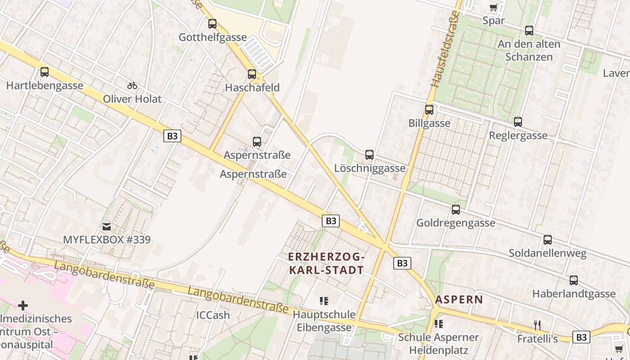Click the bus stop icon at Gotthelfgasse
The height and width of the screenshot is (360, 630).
point(212,24)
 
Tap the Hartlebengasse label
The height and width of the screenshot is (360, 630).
point(45,85)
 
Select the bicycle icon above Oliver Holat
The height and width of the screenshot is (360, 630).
point(132,85)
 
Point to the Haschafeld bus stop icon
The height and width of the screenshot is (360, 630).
point(252,74)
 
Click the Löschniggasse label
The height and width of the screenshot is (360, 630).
point(370,168)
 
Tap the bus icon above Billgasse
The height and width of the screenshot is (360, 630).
point(429,109)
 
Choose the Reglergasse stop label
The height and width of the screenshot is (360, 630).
point(518,135)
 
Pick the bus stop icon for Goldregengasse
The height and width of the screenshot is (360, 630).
point(456,210)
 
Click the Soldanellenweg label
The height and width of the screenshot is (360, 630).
point(548,253)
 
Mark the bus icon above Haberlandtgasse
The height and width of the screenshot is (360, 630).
point(574,280)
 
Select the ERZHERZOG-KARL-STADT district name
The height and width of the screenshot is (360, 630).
point(326,264)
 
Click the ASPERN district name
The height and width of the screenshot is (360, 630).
point(459,299)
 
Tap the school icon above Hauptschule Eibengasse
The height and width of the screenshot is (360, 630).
point(324,301)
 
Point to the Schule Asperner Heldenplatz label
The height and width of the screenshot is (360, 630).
point(439,344)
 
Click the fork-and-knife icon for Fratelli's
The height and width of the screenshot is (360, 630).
point(537,325)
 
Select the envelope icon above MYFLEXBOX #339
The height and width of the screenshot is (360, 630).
point(107,226)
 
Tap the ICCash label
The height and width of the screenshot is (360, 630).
point(213,315)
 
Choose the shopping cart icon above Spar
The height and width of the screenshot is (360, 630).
point(493,7)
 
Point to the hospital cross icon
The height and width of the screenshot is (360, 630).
point(23,306)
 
